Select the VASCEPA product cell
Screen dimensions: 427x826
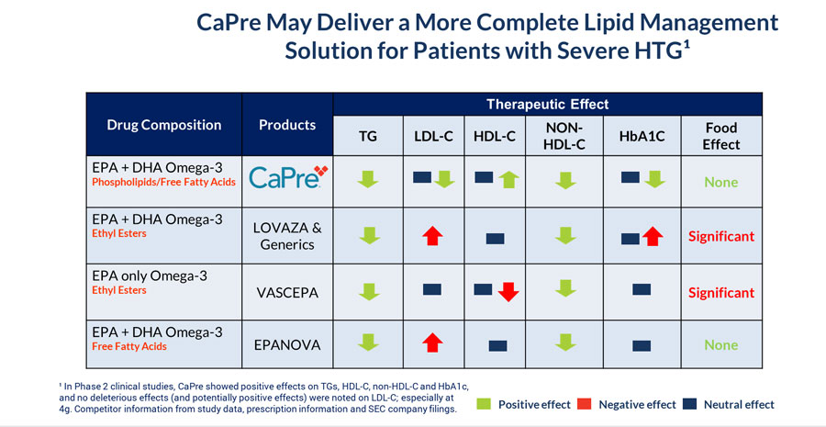pyautogui.click(x=286, y=293)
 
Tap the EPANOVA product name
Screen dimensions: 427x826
pyautogui.click(x=286, y=346)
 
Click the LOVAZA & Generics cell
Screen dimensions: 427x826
pyautogui.click(x=286, y=237)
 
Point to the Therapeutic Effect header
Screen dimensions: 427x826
pyautogui.click(x=547, y=105)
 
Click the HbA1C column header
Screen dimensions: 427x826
pyautogui.click(x=642, y=136)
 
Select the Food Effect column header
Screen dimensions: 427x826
pyautogui.click(x=721, y=136)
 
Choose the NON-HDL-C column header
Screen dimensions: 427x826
pyautogui.click(x=566, y=136)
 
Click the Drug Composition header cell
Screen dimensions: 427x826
pyautogui.click(x=164, y=125)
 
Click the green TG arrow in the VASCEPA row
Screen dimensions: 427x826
pyautogui.click(x=367, y=293)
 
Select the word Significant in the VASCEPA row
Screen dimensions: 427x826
pyautogui.click(x=721, y=293)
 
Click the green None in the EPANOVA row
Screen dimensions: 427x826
pyautogui.click(x=721, y=345)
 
